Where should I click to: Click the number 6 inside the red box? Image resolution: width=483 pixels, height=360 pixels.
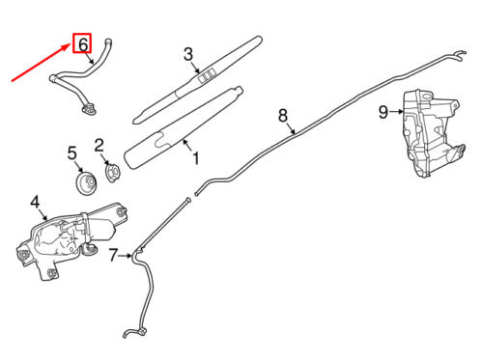[83, 43]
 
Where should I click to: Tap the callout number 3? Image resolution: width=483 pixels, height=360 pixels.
[188, 54]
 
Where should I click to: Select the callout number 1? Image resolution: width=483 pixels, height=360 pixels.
[196, 158]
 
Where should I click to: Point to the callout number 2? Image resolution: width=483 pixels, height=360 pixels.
[99, 146]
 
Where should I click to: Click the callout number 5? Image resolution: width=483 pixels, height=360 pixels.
[72, 153]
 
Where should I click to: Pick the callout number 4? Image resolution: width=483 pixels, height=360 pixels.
[35, 203]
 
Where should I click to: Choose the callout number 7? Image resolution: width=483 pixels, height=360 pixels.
[113, 256]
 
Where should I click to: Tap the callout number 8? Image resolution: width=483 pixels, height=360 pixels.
[283, 116]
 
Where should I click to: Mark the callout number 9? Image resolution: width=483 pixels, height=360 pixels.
[383, 113]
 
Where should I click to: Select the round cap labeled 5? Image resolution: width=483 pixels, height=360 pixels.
[86, 183]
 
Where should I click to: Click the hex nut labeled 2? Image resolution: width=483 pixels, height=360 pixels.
[113, 172]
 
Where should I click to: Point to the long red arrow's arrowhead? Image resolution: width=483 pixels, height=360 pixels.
[66, 47]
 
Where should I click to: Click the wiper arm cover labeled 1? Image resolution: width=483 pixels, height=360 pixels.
[183, 128]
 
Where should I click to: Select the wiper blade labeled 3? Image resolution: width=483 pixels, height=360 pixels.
[197, 80]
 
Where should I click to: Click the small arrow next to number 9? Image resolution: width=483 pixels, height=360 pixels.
[396, 112]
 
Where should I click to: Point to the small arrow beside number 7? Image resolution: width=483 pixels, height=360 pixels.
[125, 256]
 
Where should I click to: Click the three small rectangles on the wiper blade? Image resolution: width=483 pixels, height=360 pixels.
[206, 76]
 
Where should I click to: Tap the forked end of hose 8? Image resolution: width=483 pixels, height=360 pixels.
[460, 55]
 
